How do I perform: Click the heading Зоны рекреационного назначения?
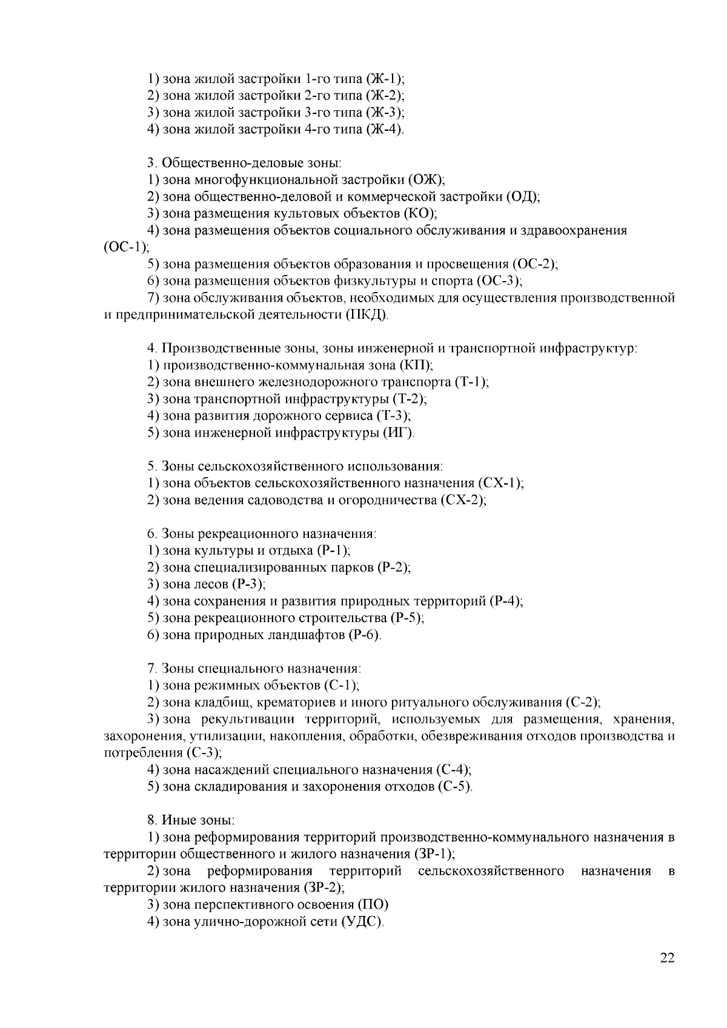[x=269, y=534]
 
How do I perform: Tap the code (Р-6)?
[x=365, y=635]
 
